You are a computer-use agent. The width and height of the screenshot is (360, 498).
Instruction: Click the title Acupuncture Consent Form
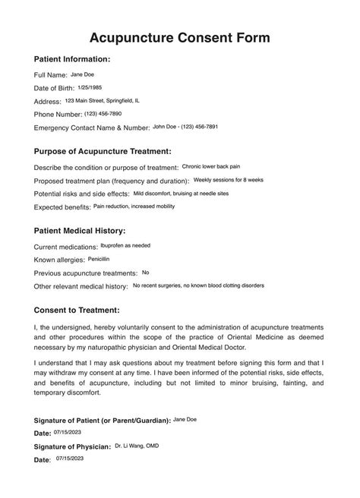179,37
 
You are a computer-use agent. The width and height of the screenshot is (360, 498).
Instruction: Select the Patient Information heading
73,59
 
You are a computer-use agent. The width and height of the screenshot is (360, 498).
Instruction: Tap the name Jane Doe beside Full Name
83,74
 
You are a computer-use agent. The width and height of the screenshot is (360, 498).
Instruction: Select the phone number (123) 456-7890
103,113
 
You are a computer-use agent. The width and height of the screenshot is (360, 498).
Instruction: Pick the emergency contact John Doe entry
185,126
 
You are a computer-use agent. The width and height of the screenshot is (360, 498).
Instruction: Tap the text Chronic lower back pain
211,165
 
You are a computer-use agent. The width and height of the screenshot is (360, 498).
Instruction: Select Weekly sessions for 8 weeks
228,179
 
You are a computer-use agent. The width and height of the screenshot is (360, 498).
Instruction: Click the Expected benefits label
62,207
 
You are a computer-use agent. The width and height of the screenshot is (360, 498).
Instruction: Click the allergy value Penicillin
99,259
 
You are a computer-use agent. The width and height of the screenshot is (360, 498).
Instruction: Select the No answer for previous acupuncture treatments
145,272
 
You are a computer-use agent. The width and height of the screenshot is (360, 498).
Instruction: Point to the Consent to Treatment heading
77,310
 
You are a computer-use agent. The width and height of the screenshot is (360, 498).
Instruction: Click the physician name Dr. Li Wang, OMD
137,446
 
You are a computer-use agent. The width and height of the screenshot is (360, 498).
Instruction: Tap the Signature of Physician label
73,447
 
